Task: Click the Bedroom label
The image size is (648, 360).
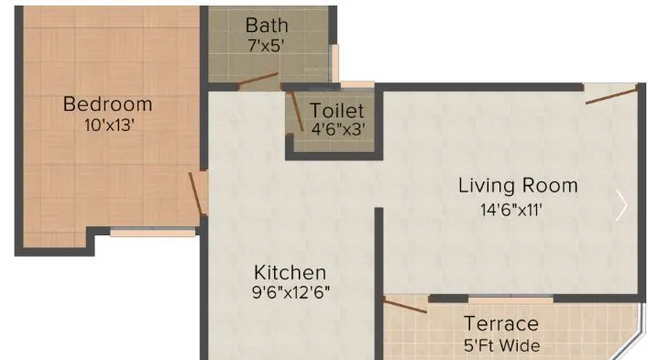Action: [x=107, y=104]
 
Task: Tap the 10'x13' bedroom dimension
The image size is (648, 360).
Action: [x=107, y=125]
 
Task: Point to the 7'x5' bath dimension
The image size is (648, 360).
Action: [x=268, y=43]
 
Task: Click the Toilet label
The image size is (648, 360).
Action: [x=336, y=110]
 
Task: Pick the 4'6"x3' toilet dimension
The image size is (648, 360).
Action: [x=336, y=129]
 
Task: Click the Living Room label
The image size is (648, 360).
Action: [x=518, y=186]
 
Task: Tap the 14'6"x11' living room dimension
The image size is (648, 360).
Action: [x=518, y=209]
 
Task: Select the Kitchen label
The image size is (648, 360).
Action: [x=290, y=272]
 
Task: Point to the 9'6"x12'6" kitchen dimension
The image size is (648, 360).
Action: [x=290, y=293]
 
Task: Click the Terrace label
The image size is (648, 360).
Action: [x=500, y=323]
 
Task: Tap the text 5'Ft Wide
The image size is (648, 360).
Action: [x=500, y=345]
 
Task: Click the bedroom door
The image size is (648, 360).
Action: [x=197, y=195]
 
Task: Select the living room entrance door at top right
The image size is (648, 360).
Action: [x=610, y=94]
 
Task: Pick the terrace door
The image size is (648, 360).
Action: [x=404, y=304]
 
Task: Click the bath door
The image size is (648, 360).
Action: [x=259, y=84]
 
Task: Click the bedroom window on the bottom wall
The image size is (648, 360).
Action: [x=152, y=233]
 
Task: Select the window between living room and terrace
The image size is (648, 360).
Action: [x=511, y=299]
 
